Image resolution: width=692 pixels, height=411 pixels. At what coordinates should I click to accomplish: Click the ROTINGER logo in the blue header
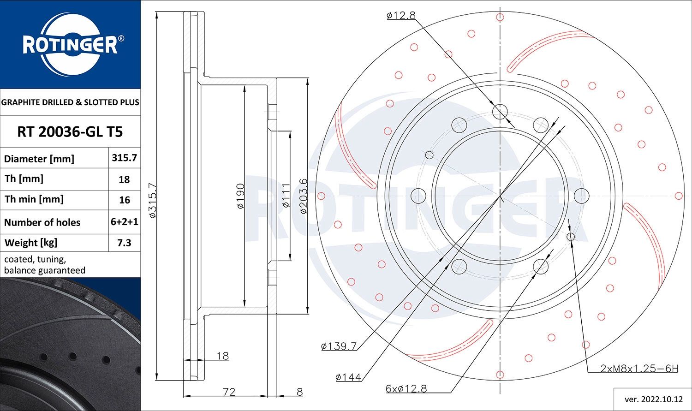click(x=71, y=44)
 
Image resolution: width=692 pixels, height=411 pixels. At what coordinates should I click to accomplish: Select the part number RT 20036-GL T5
click(x=70, y=132)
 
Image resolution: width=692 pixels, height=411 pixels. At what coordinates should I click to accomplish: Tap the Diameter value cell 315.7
click(x=124, y=158)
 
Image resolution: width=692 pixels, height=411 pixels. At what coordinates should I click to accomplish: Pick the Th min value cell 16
click(x=125, y=200)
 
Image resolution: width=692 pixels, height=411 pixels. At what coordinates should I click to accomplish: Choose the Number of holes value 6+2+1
click(x=125, y=222)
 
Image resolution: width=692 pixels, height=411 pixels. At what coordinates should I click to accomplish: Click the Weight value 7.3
click(x=124, y=243)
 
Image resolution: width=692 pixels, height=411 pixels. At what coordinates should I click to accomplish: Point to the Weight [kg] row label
click(x=31, y=243)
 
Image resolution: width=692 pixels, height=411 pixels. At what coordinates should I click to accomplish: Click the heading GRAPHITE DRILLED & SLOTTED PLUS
click(x=70, y=102)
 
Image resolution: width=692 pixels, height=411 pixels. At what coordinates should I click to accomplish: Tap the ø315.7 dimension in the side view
click(x=153, y=200)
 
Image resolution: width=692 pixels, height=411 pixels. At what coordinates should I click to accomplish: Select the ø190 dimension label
click(x=240, y=196)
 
